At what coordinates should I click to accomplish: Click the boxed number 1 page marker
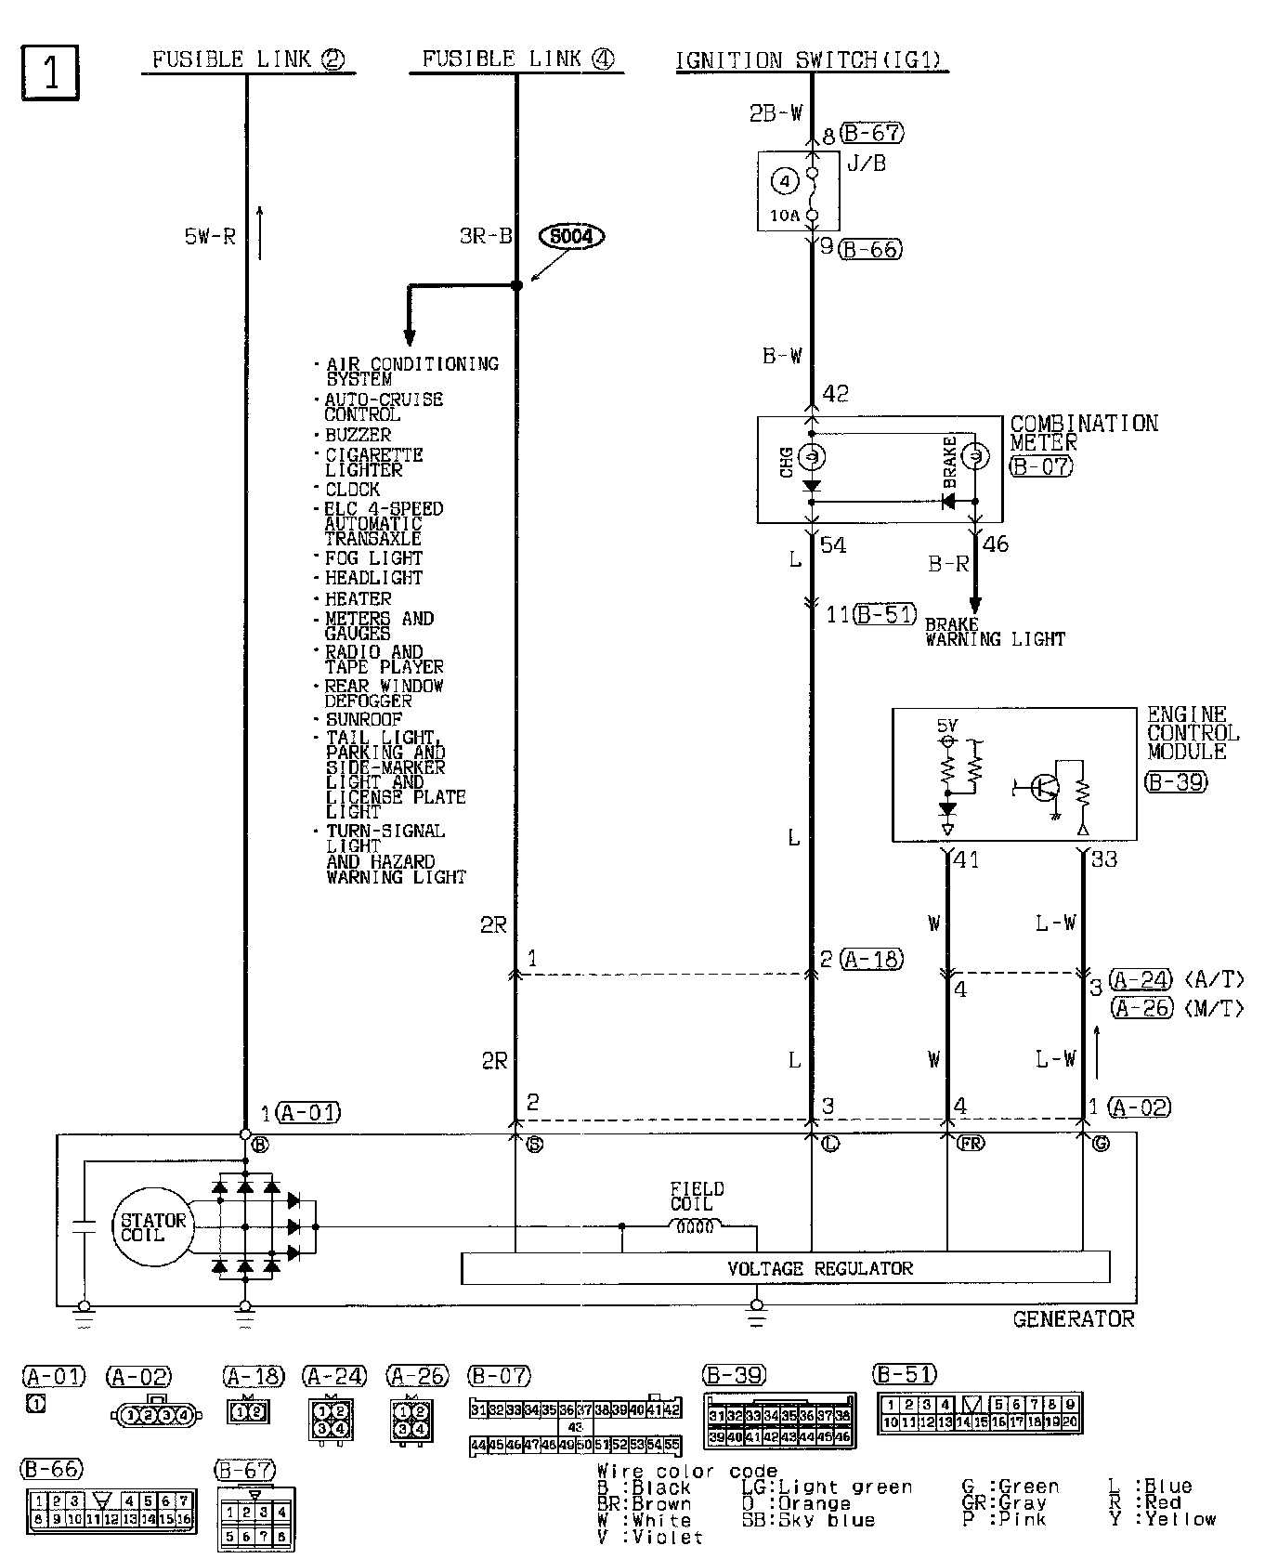tap(49, 72)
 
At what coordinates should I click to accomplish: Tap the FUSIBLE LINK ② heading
tap(248, 60)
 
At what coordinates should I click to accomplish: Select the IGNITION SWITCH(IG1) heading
tap(808, 60)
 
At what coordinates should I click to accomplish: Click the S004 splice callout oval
tap(571, 237)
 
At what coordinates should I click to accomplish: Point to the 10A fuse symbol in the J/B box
tap(812, 194)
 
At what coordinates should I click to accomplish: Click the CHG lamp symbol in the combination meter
tap(811, 457)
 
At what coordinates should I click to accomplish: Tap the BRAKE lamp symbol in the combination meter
tap(974, 456)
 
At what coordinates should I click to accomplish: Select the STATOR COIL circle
tap(153, 1226)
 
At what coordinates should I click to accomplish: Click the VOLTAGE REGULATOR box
tap(785, 1268)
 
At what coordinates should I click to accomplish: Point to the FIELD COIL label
tap(697, 1196)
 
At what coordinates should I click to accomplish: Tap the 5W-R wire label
tap(210, 237)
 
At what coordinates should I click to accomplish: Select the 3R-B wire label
tap(486, 236)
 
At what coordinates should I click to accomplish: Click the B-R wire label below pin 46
tap(948, 564)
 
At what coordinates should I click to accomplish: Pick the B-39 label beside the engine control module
tap(1176, 781)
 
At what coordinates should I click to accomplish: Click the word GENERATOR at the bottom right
tap(1073, 1318)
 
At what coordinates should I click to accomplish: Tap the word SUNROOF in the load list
tap(363, 720)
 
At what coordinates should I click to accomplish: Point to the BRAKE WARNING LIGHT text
tap(994, 632)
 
